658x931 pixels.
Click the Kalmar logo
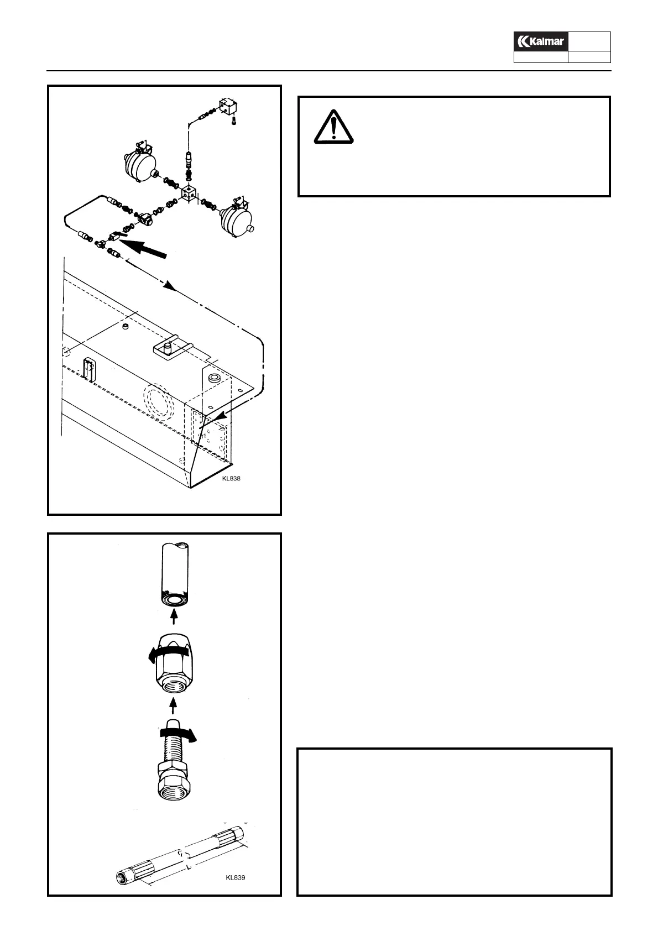tap(541, 41)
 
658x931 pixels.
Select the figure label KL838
tap(231, 479)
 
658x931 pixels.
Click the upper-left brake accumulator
tap(138, 161)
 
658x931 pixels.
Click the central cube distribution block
tap(189, 196)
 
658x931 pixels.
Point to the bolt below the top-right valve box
tap(234, 119)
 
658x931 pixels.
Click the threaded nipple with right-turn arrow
tap(174, 763)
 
